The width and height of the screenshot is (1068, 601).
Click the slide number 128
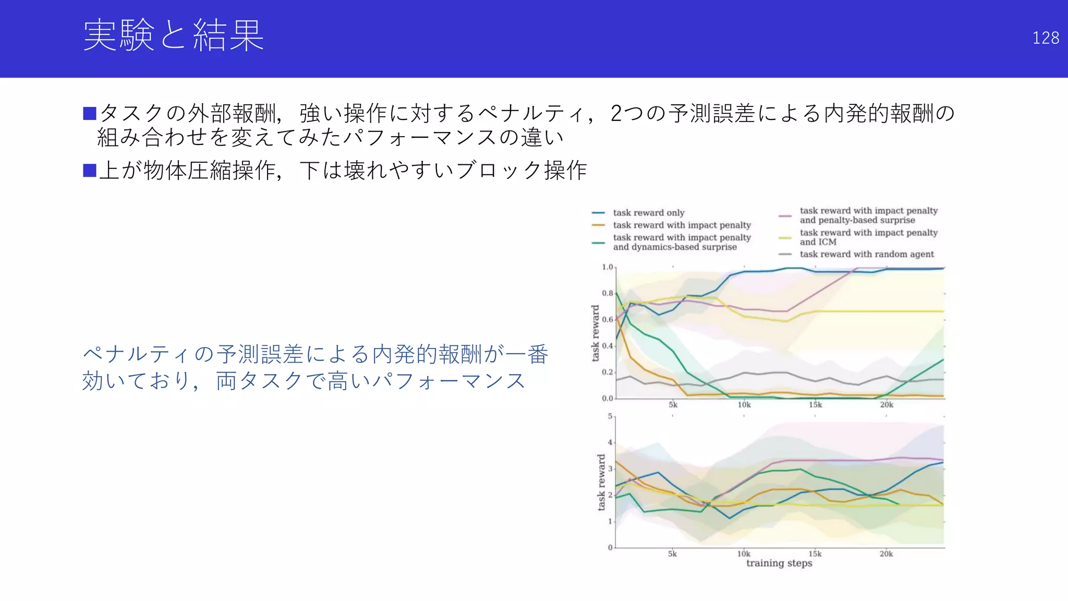pyautogui.click(x=1045, y=38)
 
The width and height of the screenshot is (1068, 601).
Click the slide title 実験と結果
pyautogui.click(x=173, y=35)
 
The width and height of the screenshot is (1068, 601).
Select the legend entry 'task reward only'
pyautogui.click(x=648, y=213)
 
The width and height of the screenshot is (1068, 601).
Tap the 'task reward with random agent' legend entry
pyautogui.click(x=866, y=254)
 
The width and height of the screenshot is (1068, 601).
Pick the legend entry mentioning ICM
pyautogui.click(x=868, y=237)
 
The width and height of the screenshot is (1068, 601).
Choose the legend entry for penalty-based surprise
pyautogui.click(x=868, y=215)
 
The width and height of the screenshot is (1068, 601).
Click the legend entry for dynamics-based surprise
pyautogui.click(x=682, y=242)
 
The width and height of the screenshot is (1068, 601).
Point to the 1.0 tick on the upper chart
pyautogui.click(x=608, y=267)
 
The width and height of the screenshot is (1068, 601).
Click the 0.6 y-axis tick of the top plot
pyautogui.click(x=608, y=320)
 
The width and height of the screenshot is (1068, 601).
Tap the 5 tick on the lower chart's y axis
pyautogui.click(x=610, y=416)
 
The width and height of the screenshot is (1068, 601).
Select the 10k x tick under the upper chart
pyautogui.click(x=744, y=405)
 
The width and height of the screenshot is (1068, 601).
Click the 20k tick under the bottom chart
pyautogui.click(x=886, y=554)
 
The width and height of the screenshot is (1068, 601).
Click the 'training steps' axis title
pyautogui.click(x=779, y=563)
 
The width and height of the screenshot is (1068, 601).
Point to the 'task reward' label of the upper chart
pyautogui.click(x=596, y=333)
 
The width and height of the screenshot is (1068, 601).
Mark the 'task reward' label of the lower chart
pyautogui.click(x=601, y=482)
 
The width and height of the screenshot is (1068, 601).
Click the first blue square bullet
pyautogui.click(x=90, y=113)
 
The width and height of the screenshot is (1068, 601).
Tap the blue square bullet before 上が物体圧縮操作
pyautogui.click(x=90, y=170)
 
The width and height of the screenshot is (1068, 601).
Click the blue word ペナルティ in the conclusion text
pyautogui.click(x=137, y=354)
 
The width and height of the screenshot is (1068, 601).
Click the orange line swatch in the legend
pyautogui.click(x=598, y=225)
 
